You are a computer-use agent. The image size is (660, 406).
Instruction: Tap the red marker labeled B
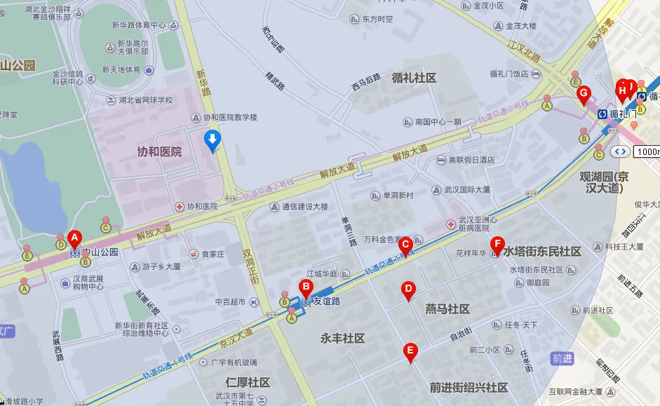click(305, 287)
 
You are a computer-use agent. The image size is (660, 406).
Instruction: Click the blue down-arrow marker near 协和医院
click(211, 141)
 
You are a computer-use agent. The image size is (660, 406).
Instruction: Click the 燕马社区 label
click(447, 309)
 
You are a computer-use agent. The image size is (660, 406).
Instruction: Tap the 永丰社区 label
click(342, 338)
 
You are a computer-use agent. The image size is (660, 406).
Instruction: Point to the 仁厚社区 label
click(248, 382)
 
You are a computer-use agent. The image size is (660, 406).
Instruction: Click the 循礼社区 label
click(414, 78)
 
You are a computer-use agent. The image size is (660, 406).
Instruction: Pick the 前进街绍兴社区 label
click(469, 387)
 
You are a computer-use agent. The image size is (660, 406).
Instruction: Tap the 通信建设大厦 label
click(304, 207)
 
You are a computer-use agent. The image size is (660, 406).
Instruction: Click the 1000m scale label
click(647, 151)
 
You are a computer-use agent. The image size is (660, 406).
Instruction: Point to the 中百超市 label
click(229, 302)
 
